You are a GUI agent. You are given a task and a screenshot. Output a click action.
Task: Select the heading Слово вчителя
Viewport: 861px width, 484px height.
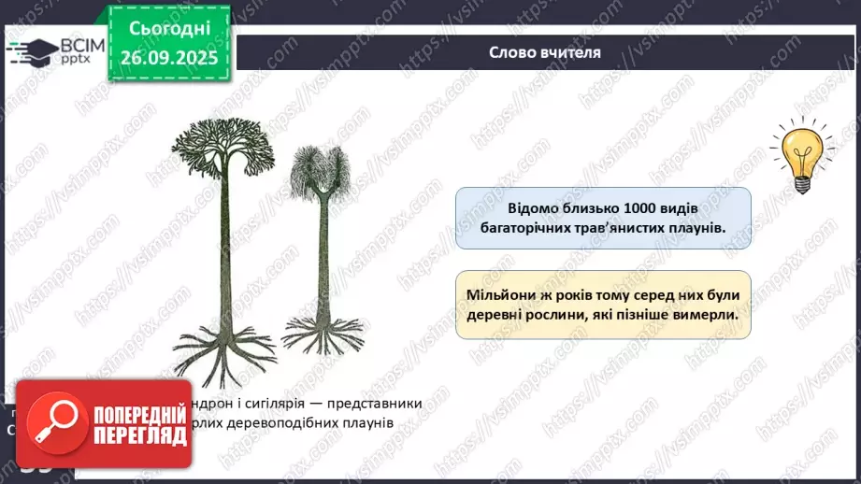click(x=545, y=52)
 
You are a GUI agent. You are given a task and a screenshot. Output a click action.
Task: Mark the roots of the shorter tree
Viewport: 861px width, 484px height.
click(x=323, y=332)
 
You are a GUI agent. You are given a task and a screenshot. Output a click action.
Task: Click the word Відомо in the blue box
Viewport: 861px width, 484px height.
click(x=537, y=206)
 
